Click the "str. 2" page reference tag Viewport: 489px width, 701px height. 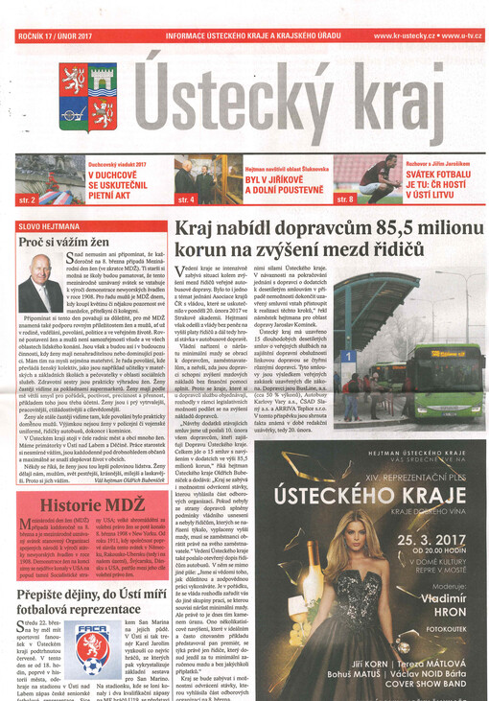pyautogui.click(x=28, y=199)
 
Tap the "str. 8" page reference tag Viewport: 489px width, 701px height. pyautogui.click(x=344, y=199)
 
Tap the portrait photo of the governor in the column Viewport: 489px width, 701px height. pyautogui.click(x=40, y=283)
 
